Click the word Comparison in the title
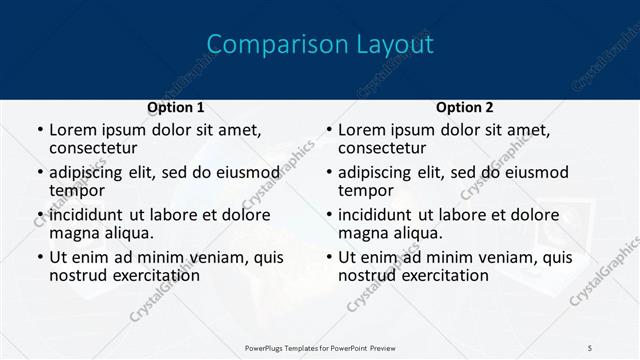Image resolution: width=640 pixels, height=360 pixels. [262, 45]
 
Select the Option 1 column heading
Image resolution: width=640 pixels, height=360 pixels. [175, 107]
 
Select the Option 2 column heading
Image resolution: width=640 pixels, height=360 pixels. [464, 107]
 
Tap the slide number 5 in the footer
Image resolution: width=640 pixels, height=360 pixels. [590, 348]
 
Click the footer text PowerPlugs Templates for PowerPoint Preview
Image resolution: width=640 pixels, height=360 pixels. [320, 348]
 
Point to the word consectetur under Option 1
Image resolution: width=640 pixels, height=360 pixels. [95, 148]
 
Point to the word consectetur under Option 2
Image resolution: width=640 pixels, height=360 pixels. [384, 148]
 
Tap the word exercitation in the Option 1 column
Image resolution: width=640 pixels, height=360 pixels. [153, 275]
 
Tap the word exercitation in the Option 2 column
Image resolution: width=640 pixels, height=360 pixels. [442, 275]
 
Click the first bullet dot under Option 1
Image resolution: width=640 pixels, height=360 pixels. [39, 131]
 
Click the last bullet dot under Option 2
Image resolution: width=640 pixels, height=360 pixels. [328, 258]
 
